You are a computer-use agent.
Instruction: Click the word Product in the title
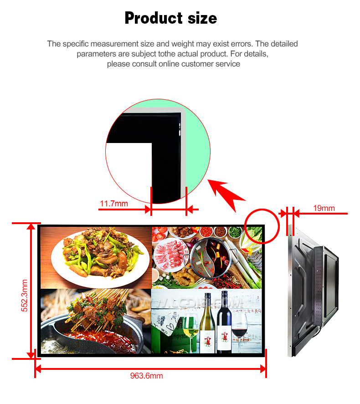click(x=154, y=18)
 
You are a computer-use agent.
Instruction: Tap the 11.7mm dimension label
click(x=114, y=204)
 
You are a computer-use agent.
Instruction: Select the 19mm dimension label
click(x=324, y=208)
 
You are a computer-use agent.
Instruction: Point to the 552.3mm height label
click(x=24, y=296)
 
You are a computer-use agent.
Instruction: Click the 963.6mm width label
click(x=146, y=376)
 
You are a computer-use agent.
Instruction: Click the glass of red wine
click(x=239, y=330)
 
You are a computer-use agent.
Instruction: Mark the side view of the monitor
click(x=313, y=291)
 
